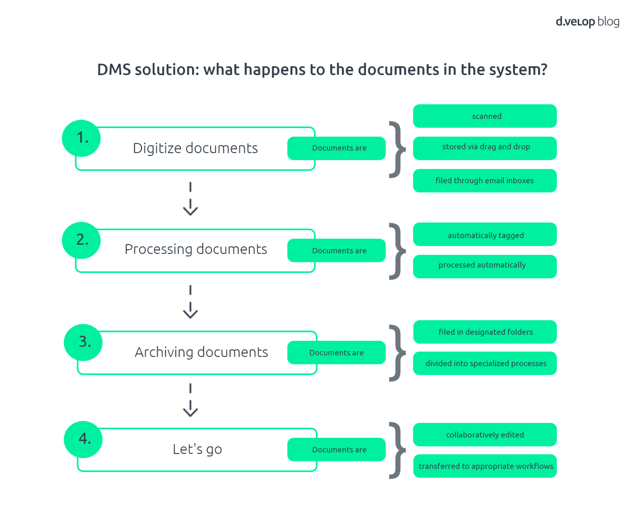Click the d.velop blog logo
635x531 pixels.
587,22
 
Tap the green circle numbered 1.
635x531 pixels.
81,138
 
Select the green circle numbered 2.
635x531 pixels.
81,240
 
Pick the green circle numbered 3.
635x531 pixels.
83,342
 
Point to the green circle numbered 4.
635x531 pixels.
83,439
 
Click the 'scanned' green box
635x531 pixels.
485,116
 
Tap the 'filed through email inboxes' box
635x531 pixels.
485,181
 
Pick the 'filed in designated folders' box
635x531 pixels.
485,332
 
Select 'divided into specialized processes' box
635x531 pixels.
485,363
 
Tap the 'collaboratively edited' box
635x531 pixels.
485,435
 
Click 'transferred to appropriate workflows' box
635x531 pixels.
485,466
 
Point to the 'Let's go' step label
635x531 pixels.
197,449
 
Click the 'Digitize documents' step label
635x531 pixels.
195,148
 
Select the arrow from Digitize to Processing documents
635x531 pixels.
190,199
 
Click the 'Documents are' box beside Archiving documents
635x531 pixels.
336,353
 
